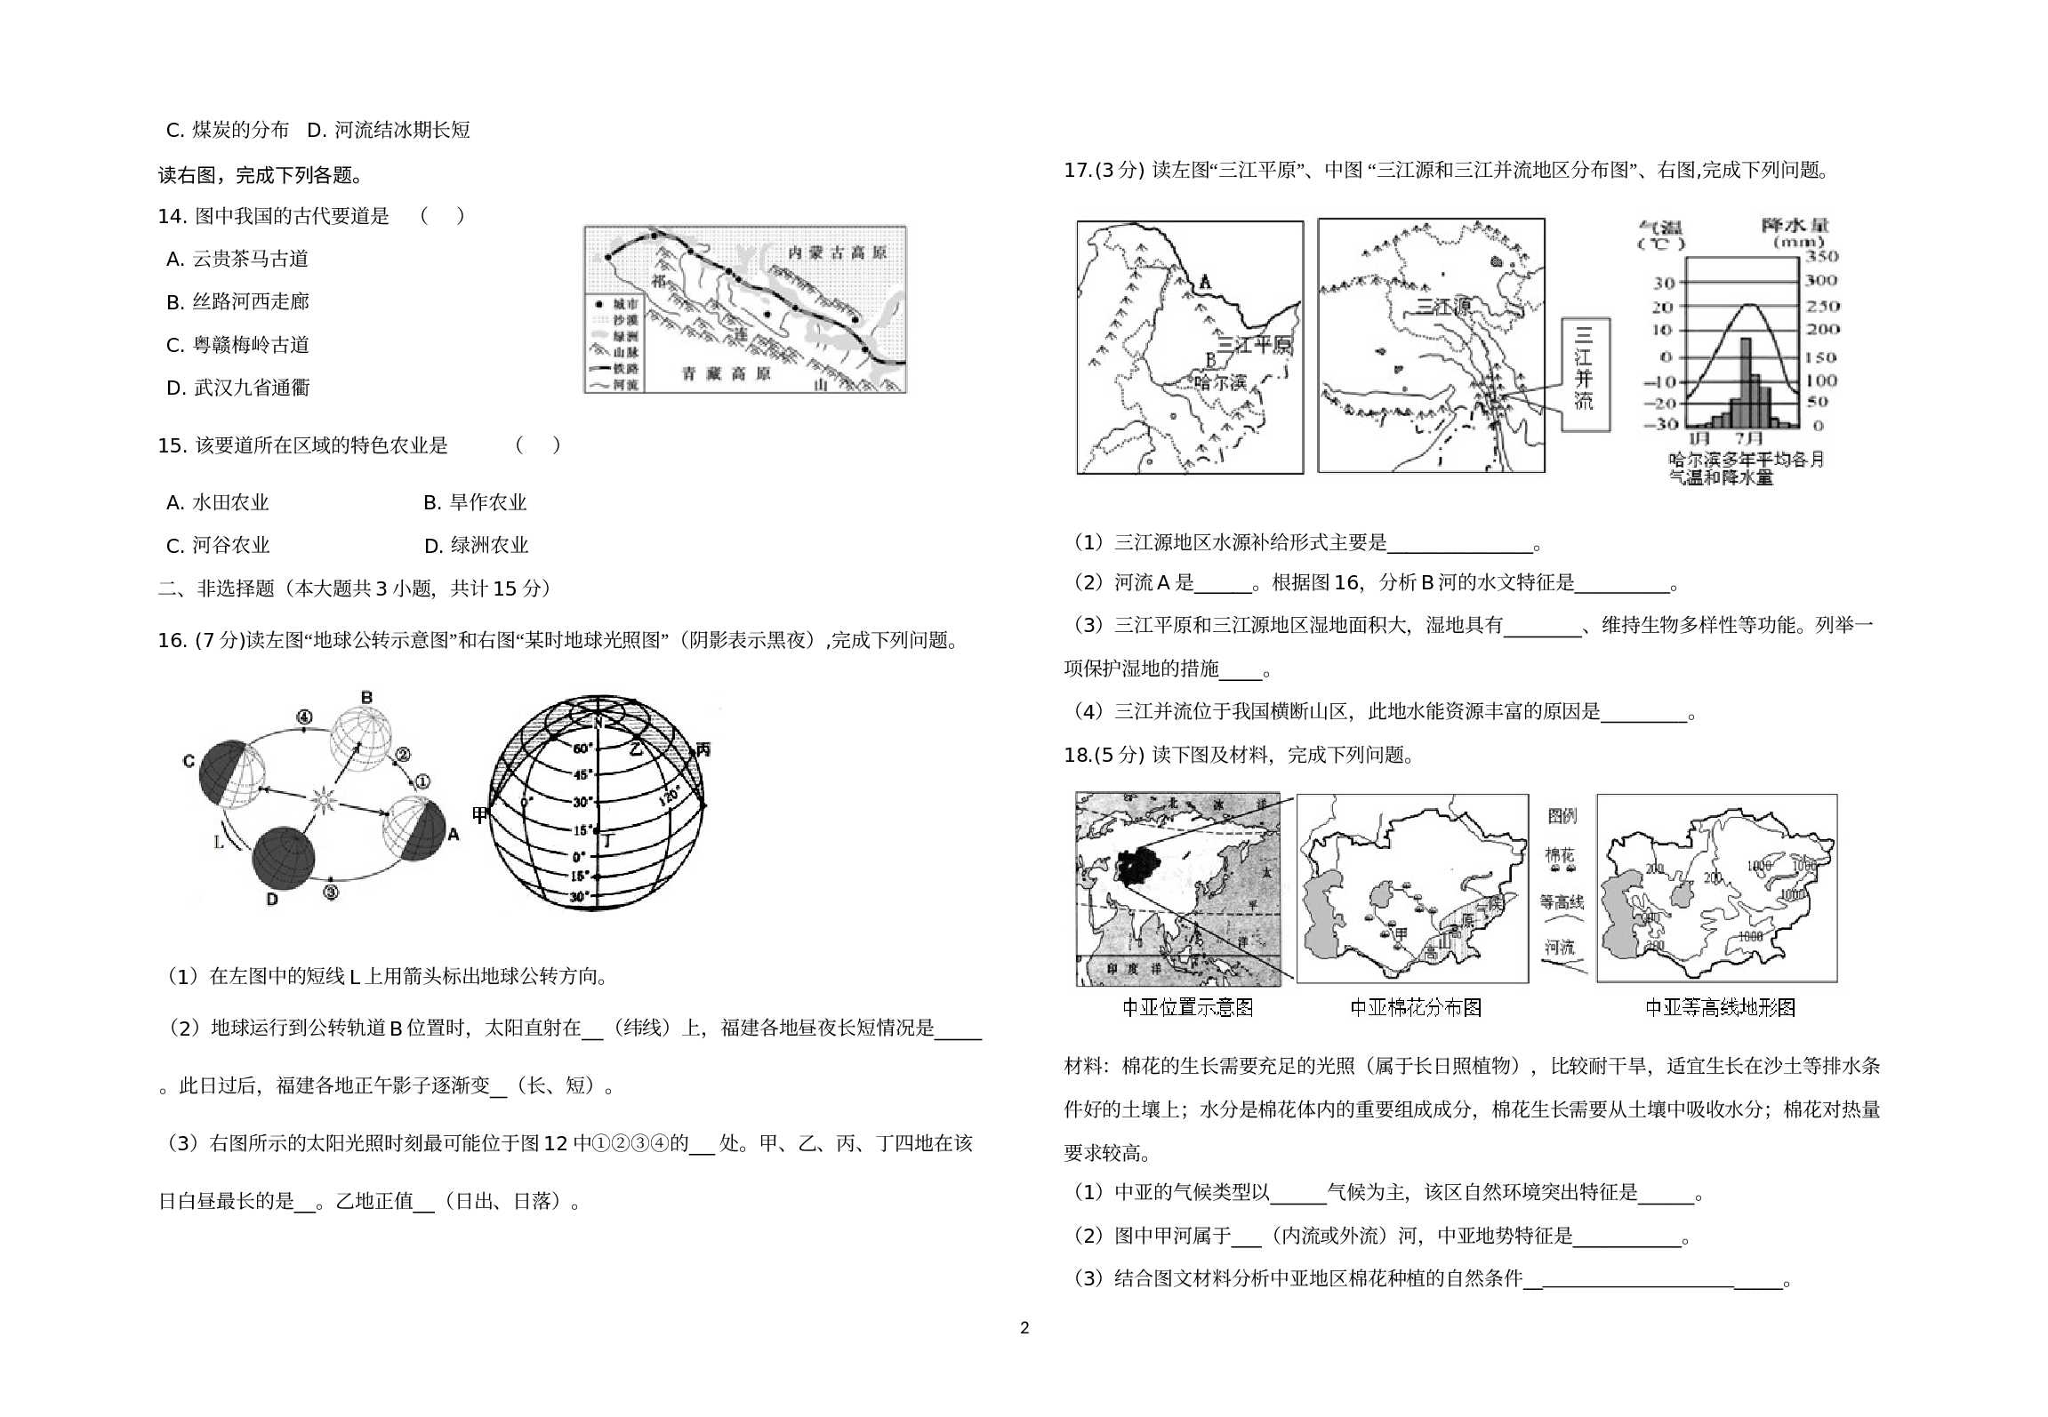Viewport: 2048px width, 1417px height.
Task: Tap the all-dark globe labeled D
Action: (284, 857)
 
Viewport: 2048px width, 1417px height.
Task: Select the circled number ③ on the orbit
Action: (330, 893)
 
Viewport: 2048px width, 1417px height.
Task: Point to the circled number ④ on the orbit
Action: (304, 717)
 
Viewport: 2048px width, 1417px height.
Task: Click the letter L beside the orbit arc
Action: (219, 842)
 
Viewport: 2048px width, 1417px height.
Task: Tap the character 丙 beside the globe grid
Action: (703, 749)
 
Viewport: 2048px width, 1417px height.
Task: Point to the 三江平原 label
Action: (1253, 346)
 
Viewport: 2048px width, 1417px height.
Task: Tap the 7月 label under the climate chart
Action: (1749, 438)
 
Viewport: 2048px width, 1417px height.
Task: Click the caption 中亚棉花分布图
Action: (1416, 1007)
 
